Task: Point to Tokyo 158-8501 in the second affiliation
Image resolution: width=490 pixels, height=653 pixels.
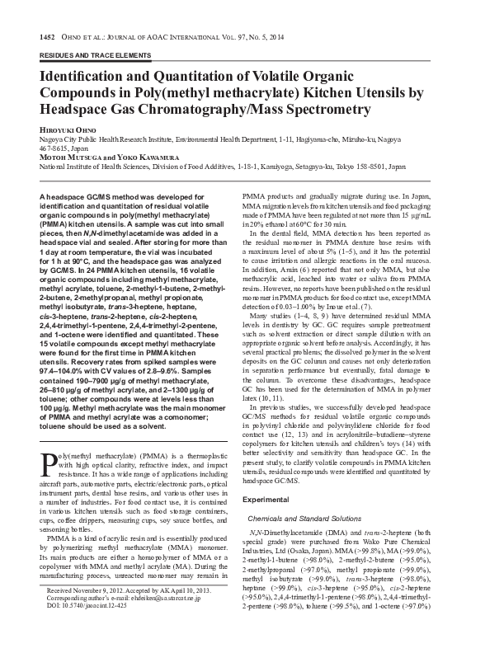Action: point(376,166)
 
